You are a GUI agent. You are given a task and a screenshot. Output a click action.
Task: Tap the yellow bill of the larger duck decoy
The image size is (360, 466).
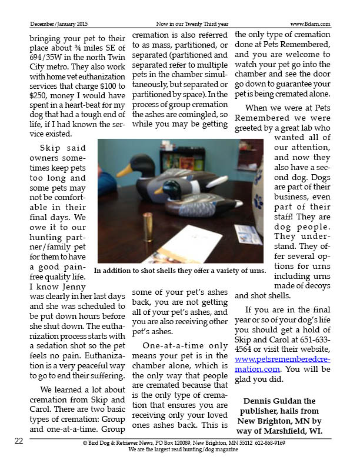125,170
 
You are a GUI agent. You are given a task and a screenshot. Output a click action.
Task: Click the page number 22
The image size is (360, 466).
19,441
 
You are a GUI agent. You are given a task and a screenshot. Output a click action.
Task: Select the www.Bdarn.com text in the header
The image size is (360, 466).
309,24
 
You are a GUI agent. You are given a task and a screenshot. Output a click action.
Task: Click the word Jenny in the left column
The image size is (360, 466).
75,287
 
